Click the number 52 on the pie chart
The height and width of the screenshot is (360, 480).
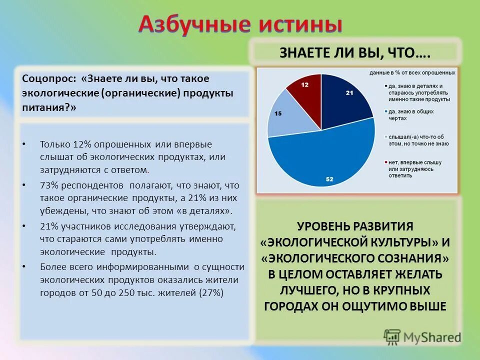(x=329, y=179)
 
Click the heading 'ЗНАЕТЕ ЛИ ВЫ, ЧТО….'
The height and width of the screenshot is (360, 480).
(x=355, y=53)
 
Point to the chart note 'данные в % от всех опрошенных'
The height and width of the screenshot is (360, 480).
(x=412, y=73)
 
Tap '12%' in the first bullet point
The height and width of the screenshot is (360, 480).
(x=82, y=144)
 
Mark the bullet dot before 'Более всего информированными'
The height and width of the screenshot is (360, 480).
(x=24, y=267)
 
